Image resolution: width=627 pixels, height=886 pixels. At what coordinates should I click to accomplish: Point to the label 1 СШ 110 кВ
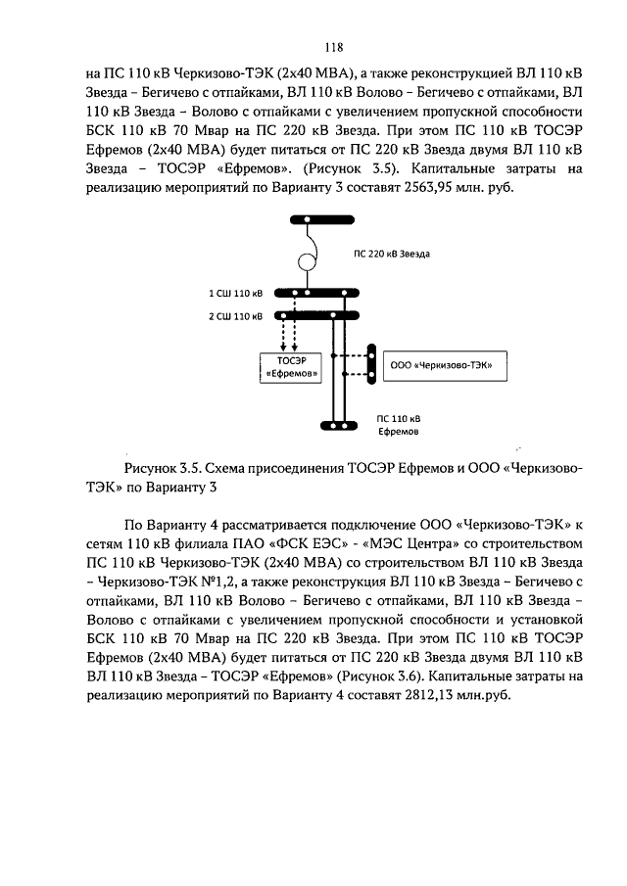click(x=235, y=293)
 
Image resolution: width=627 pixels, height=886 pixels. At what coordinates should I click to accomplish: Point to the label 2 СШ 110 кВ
click(x=235, y=315)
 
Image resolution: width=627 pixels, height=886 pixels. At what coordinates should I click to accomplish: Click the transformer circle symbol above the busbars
click(x=307, y=262)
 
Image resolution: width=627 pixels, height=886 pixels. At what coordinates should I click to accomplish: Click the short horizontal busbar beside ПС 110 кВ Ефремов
click(x=338, y=425)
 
